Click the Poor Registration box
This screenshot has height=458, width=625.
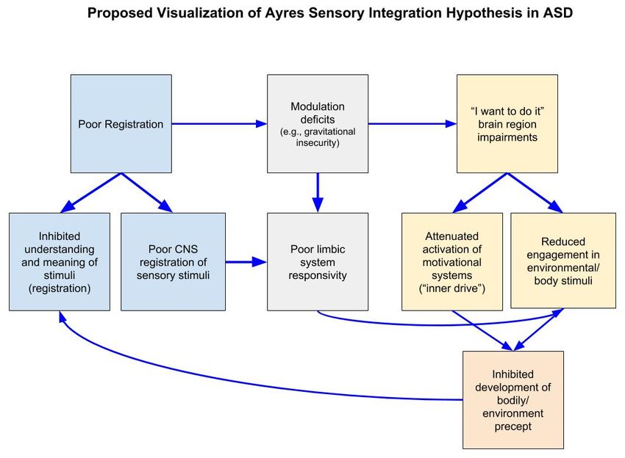pyautogui.click(x=121, y=124)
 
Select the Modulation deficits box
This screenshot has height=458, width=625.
pyautogui.click(x=318, y=124)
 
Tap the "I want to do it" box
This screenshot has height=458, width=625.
pyautogui.click(x=507, y=124)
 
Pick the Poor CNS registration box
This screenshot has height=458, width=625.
pyautogui.click(x=173, y=262)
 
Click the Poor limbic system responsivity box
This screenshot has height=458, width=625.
pyautogui.click(x=318, y=262)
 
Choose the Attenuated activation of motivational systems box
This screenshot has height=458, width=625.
pyautogui.click(x=452, y=262)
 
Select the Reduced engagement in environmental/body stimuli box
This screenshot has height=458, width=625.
pyautogui.click(x=563, y=261)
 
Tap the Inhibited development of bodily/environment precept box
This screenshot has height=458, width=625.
pyautogui.click(x=513, y=400)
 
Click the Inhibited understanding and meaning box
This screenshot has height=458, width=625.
pyautogui.click(x=60, y=262)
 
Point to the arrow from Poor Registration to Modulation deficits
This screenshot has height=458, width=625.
pyautogui.click(x=219, y=124)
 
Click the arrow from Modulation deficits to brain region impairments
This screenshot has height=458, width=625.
pyautogui.click(x=413, y=124)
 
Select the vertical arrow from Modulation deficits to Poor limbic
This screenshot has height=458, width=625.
pyautogui.click(x=318, y=192)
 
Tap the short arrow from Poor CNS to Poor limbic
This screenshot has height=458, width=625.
pyautogui.click(x=246, y=262)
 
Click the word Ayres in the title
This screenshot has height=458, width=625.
pyautogui.click(x=285, y=12)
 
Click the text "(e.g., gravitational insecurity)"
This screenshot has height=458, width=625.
pyautogui.click(x=318, y=137)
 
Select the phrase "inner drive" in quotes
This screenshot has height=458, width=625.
pyautogui.click(x=452, y=288)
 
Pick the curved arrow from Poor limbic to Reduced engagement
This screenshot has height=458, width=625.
pyautogui.click(x=438, y=324)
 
